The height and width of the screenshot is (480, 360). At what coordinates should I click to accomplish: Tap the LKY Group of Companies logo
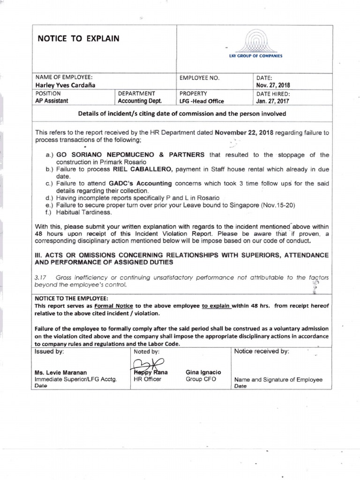pyautogui.click(x=255, y=45)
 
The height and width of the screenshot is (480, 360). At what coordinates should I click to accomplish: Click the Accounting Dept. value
pyautogui.click(x=140, y=101)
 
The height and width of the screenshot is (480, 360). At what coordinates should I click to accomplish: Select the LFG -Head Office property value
pyautogui.click(x=202, y=101)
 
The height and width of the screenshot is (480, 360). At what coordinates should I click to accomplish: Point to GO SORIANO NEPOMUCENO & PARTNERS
pyautogui.click(x=131, y=154)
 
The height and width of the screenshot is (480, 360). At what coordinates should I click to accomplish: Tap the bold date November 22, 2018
pyautogui.click(x=244, y=133)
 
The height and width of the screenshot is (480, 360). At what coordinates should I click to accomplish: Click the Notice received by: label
pyautogui.click(x=262, y=351)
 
